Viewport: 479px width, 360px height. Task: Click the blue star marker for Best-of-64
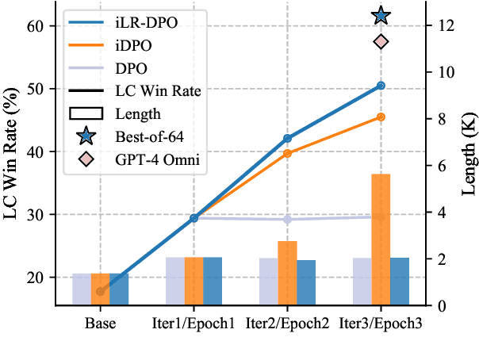[381, 15]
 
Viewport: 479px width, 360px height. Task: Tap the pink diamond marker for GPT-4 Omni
[381, 41]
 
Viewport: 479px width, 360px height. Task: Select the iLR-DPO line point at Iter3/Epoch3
[381, 86]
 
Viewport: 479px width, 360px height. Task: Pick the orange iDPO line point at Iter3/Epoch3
[381, 117]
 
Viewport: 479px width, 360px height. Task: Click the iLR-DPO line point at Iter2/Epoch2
[287, 138]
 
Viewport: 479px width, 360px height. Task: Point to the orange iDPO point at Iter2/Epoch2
[287, 153]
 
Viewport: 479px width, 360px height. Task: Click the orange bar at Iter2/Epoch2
[287, 273]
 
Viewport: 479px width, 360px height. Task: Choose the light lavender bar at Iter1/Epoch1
[174, 281]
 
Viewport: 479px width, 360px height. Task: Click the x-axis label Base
[101, 324]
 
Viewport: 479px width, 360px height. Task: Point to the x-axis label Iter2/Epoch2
[287, 324]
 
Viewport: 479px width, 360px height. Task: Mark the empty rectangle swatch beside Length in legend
[86, 113]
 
